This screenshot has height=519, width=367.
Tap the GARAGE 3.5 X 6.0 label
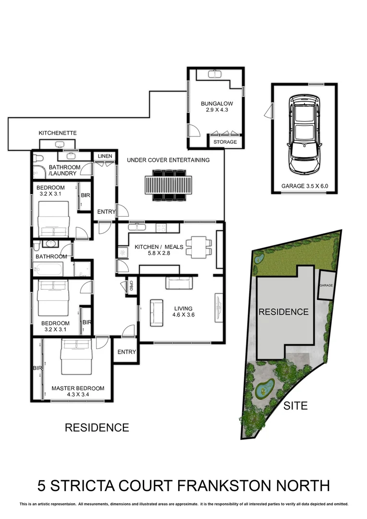(x=305, y=186)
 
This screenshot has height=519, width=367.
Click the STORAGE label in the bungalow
(x=225, y=142)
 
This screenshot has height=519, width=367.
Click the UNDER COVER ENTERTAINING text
(x=168, y=160)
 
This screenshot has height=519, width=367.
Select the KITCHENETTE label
(x=58, y=133)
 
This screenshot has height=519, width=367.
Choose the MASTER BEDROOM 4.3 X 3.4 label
(x=78, y=392)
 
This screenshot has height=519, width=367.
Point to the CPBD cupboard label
(x=130, y=286)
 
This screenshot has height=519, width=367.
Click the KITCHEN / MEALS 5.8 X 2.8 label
(x=159, y=250)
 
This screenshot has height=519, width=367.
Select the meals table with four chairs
(x=199, y=246)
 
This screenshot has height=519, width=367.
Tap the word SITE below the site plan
(x=295, y=406)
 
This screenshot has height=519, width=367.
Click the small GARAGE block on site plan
(x=326, y=285)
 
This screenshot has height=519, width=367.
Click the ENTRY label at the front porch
(x=127, y=352)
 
